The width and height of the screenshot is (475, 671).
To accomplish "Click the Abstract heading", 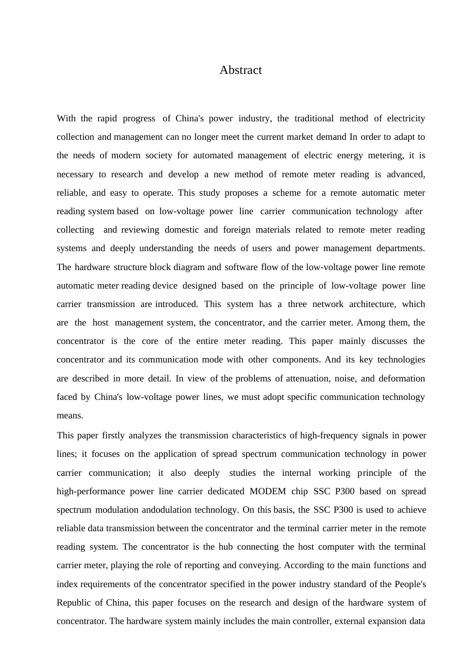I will pyautogui.click(x=240, y=70).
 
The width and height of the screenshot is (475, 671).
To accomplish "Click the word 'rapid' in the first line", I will pyautogui.click(x=107, y=118).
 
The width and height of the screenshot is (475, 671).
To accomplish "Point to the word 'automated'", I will pyautogui.click(x=212, y=155).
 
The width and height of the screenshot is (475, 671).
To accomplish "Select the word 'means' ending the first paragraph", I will pyautogui.click(x=69, y=415).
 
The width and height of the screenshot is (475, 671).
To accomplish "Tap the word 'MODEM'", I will pyautogui.click(x=267, y=491).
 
